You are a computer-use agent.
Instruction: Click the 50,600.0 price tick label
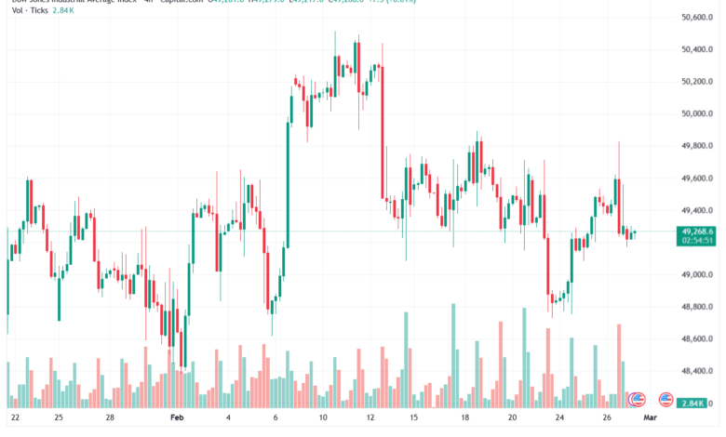coord(697,18)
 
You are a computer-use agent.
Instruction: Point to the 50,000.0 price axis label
coord(697,114)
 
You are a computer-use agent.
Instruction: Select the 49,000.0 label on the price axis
coord(697,275)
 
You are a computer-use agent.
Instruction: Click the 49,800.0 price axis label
coord(697,146)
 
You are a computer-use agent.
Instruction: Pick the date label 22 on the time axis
coord(14,418)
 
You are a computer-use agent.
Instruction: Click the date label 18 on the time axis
coord(465,418)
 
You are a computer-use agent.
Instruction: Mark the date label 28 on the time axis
coord(109,418)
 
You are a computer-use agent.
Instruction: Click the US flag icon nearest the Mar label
coord(666,400)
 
